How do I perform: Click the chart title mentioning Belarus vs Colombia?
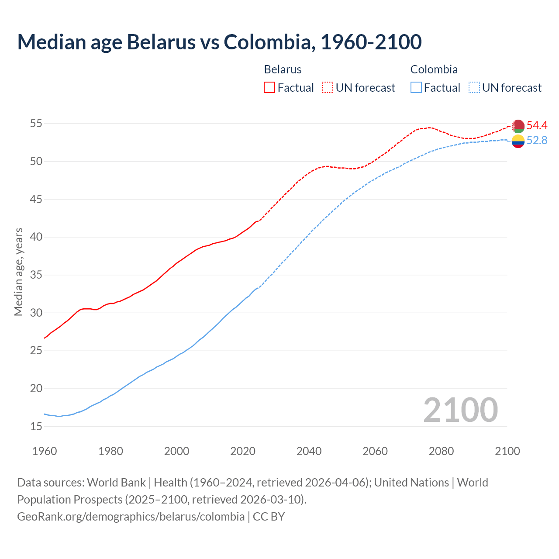[x=219, y=42]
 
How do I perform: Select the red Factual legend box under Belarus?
[x=269, y=88]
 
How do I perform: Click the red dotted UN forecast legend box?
[x=328, y=88]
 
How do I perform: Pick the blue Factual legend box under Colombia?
[x=416, y=88]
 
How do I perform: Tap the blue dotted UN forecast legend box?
[x=474, y=88]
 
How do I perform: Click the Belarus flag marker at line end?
[x=518, y=126]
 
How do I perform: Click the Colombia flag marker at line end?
[x=518, y=141]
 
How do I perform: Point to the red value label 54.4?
[x=537, y=126]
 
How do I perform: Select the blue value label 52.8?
[x=537, y=141]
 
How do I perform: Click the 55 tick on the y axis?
[x=36, y=124]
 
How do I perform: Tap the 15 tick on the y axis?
[x=36, y=426]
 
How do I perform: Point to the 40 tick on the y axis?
[x=36, y=237]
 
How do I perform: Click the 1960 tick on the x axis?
[x=45, y=451]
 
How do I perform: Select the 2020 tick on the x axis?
[x=243, y=451]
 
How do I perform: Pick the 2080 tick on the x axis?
[x=441, y=451]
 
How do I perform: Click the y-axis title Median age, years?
[x=18, y=272]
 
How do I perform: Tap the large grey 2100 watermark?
[x=460, y=410]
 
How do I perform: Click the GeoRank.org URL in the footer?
[x=131, y=517]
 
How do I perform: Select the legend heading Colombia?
[x=434, y=69]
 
